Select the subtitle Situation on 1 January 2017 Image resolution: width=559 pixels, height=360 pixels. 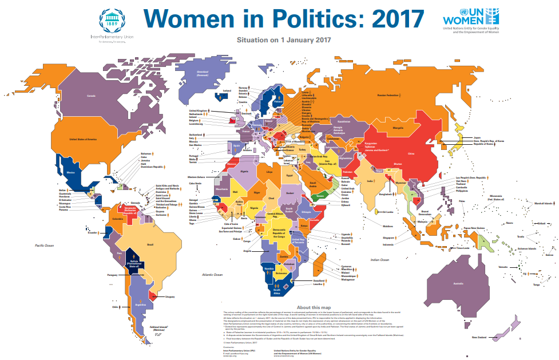click(x=284, y=40)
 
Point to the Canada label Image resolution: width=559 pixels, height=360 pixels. click(x=90, y=96)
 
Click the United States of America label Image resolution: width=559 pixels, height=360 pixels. click(x=84, y=139)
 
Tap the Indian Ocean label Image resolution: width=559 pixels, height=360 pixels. click(x=380, y=260)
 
